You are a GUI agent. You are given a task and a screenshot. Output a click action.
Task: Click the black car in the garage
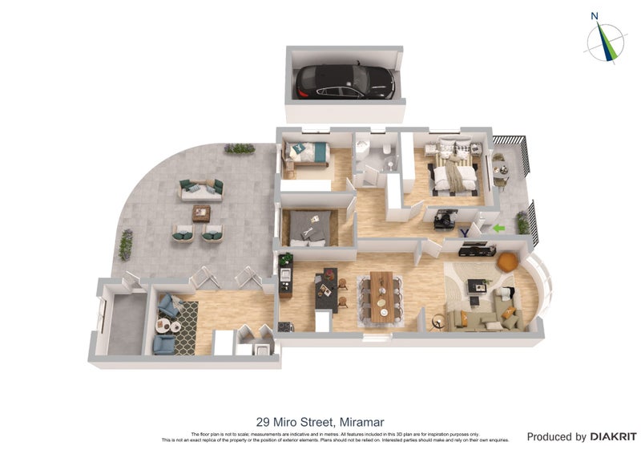pos(345,82)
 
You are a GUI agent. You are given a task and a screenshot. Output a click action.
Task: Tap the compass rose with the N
pos(605,40)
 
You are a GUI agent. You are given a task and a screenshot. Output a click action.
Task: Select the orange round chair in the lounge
pos(506,261)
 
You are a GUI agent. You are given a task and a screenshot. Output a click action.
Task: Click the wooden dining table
pos(382,296)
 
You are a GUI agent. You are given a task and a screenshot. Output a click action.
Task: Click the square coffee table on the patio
pos(201,213)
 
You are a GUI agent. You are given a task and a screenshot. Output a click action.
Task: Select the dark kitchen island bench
pos(326,291)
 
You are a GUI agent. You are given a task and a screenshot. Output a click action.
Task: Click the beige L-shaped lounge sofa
pos(481,319)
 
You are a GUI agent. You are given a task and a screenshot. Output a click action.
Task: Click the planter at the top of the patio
pos(239,148)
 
